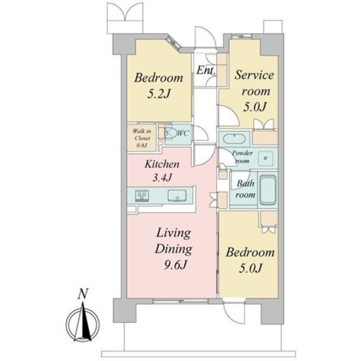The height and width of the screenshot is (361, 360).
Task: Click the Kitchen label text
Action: click(162, 164)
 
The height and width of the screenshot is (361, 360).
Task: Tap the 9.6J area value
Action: click(175, 265)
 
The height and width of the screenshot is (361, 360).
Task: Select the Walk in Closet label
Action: click(142, 138)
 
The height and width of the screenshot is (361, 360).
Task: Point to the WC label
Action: click(183, 133)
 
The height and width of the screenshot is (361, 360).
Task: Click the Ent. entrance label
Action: click(206, 71)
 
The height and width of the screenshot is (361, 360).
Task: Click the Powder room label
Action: click(242, 157)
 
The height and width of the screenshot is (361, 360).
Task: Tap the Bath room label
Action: click(245, 189)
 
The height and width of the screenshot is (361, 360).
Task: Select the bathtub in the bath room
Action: click(268, 190)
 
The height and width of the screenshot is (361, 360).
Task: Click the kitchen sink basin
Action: click(177, 196)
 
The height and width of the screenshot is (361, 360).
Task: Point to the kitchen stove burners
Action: click(142, 196)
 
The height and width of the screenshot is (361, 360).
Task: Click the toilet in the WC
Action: click(169, 133)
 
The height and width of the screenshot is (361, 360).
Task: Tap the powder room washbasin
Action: click(234, 139)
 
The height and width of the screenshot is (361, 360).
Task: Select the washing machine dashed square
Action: click(266, 159)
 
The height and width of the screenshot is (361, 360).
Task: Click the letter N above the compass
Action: click(83, 294)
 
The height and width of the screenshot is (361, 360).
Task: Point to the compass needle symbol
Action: click(83, 322)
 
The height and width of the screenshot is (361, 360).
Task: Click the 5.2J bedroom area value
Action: click(159, 94)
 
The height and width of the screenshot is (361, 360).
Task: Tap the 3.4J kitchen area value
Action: click(162, 177)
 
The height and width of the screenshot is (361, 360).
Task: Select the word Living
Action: click(174, 234)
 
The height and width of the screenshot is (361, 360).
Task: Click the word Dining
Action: click(174, 249)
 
